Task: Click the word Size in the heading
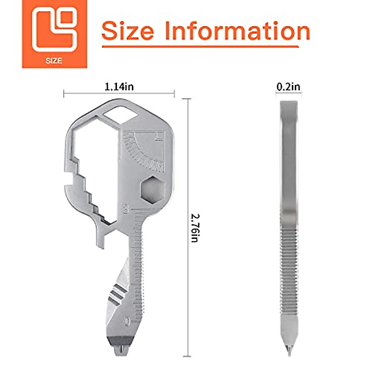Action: (128, 31)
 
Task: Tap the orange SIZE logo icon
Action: (55, 34)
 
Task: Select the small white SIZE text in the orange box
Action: (54, 61)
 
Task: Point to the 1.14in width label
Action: (119, 87)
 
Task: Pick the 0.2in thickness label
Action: (288, 87)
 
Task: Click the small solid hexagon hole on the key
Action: (153, 190)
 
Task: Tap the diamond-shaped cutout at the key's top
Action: (121, 115)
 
